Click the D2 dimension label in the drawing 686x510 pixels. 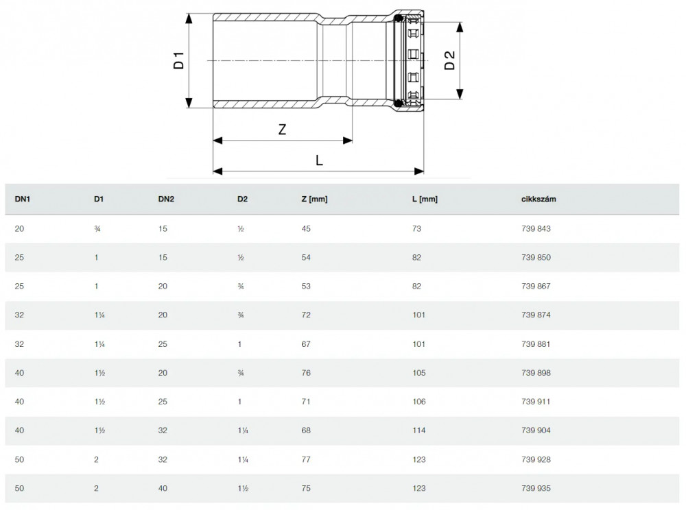pyautogui.click(x=449, y=61)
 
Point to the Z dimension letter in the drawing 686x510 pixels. pyautogui.click(x=282, y=130)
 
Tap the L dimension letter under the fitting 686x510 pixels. pyautogui.click(x=319, y=160)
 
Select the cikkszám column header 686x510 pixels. pyautogui.click(x=539, y=199)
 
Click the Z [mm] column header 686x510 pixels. pyautogui.click(x=314, y=199)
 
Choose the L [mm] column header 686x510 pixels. pyautogui.click(x=425, y=199)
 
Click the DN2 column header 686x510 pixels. pyautogui.click(x=167, y=199)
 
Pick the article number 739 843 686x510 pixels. pyautogui.click(x=536, y=229)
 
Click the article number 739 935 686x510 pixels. pyautogui.click(x=536, y=488)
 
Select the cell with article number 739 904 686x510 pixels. pyautogui.click(x=536, y=430)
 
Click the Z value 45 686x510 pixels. pyautogui.click(x=306, y=229)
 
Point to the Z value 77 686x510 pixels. pyautogui.click(x=306, y=459)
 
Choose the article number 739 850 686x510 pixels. pyautogui.click(x=536, y=258)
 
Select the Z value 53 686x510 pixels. pyautogui.click(x=306, y=287)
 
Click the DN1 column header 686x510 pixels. pyautogui.click(x=22, y=199)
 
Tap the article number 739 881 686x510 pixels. pyautogui.click(x=536, y=344)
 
